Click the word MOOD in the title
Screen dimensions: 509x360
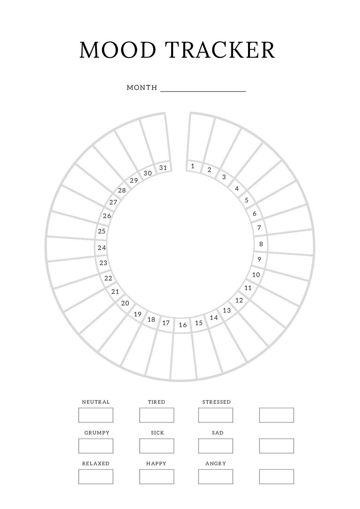(118, 50)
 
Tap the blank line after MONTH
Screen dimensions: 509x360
(203, 89)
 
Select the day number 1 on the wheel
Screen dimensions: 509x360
(193, 166)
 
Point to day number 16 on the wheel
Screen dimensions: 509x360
(183, 325)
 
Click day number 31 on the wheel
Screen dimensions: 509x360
(163, 168)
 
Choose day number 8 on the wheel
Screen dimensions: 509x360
(261, 244)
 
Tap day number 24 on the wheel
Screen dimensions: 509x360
(102, 248)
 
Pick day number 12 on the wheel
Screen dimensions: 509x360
(239, 300)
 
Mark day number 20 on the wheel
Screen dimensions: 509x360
(125, 303)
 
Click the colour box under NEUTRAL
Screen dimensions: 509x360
(96, 415)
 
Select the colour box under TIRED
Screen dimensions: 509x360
(157, 415)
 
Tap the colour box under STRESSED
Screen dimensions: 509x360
(216, 415)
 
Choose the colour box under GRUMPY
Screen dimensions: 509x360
(96, 446)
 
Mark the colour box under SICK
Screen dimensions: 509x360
(157, 446)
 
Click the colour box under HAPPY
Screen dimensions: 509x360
(157, 477)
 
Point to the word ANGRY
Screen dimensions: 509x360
(216, 463)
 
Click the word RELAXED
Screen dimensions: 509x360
(96, 463)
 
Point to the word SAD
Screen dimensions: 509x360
(218, 433)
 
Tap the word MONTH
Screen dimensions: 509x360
(142, 88)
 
